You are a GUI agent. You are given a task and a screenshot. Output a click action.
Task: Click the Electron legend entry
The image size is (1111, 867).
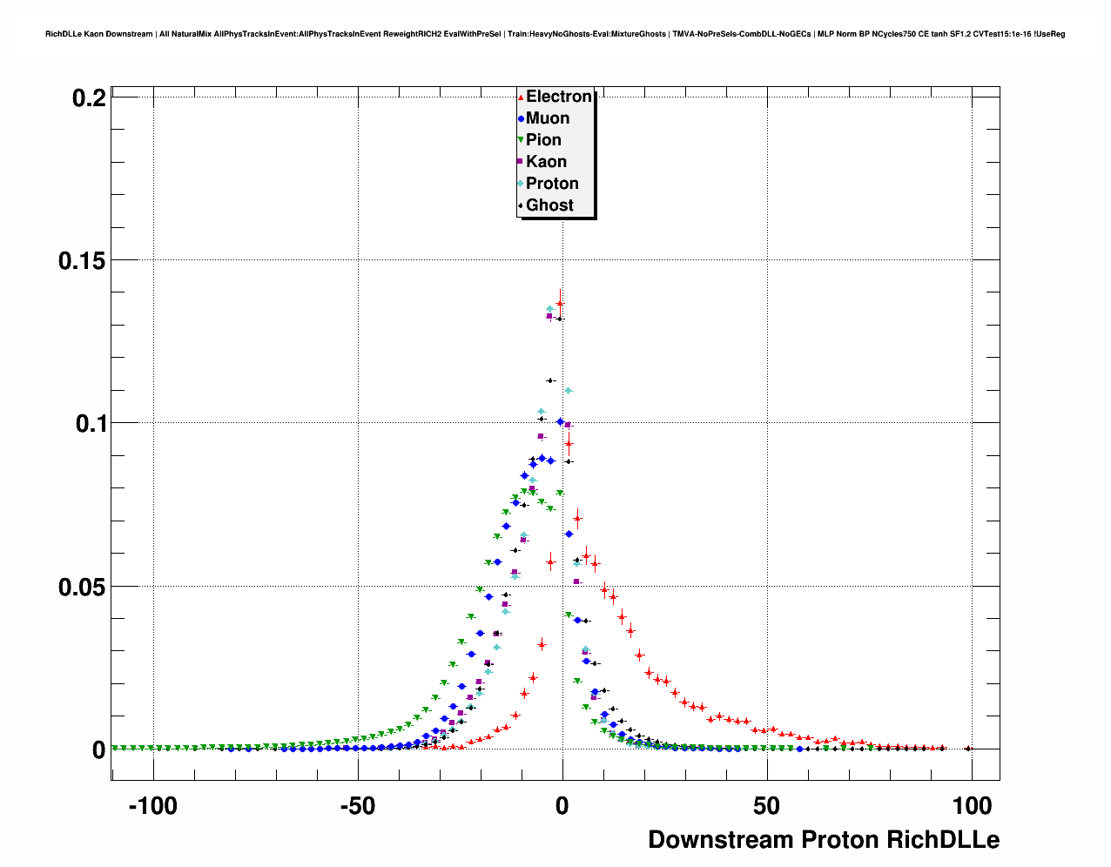coord(558,97)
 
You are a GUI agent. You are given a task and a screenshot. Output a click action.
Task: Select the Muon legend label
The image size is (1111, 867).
coord(547,118)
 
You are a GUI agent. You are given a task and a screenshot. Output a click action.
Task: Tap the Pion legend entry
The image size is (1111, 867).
coord(543,140)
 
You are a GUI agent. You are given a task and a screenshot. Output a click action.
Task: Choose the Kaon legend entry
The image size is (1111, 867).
coord(546,162)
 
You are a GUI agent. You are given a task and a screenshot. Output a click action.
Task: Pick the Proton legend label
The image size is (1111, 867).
coord(552,184)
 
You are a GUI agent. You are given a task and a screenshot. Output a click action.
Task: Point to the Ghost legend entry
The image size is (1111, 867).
coord(549,205)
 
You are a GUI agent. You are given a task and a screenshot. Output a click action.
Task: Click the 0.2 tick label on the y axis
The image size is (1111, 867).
coord(89,98)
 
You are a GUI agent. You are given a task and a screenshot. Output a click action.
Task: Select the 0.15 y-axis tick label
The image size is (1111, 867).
coord(82,260)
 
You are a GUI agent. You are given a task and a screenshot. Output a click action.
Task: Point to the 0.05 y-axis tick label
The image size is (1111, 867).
coord(82,587)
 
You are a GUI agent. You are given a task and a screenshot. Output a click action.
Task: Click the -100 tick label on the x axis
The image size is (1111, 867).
coord(152,807)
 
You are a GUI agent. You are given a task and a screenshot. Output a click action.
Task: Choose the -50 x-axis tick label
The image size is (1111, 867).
coord(357,807)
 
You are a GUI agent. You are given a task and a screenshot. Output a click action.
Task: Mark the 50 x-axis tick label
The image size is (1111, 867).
coord(767,807)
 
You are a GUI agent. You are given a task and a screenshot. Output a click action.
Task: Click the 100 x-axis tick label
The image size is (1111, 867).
coord(972,807)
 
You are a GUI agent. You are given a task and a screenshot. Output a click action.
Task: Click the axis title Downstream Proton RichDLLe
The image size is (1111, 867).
coord(824,840)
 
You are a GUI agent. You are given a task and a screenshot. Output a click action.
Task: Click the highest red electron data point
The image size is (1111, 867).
coord(560,304)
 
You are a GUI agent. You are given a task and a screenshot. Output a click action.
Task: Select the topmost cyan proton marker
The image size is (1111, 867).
coord(549,309)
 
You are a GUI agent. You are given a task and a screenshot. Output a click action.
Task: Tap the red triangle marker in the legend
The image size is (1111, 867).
coord(521,97)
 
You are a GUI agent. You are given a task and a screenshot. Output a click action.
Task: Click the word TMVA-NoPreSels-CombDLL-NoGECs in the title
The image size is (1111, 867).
coord(741,34)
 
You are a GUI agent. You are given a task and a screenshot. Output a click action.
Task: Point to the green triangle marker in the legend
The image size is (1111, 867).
coord(521,140)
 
